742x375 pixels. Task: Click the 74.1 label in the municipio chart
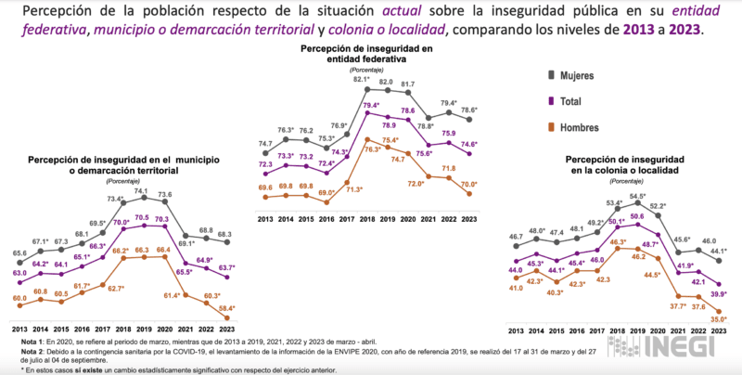click(142, 190)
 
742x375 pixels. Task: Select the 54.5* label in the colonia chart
click(639, 196)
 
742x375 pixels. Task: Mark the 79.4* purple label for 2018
click(369, 106)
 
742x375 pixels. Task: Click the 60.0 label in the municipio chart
click(19, 297)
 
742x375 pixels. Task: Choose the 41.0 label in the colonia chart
click(515, 288)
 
